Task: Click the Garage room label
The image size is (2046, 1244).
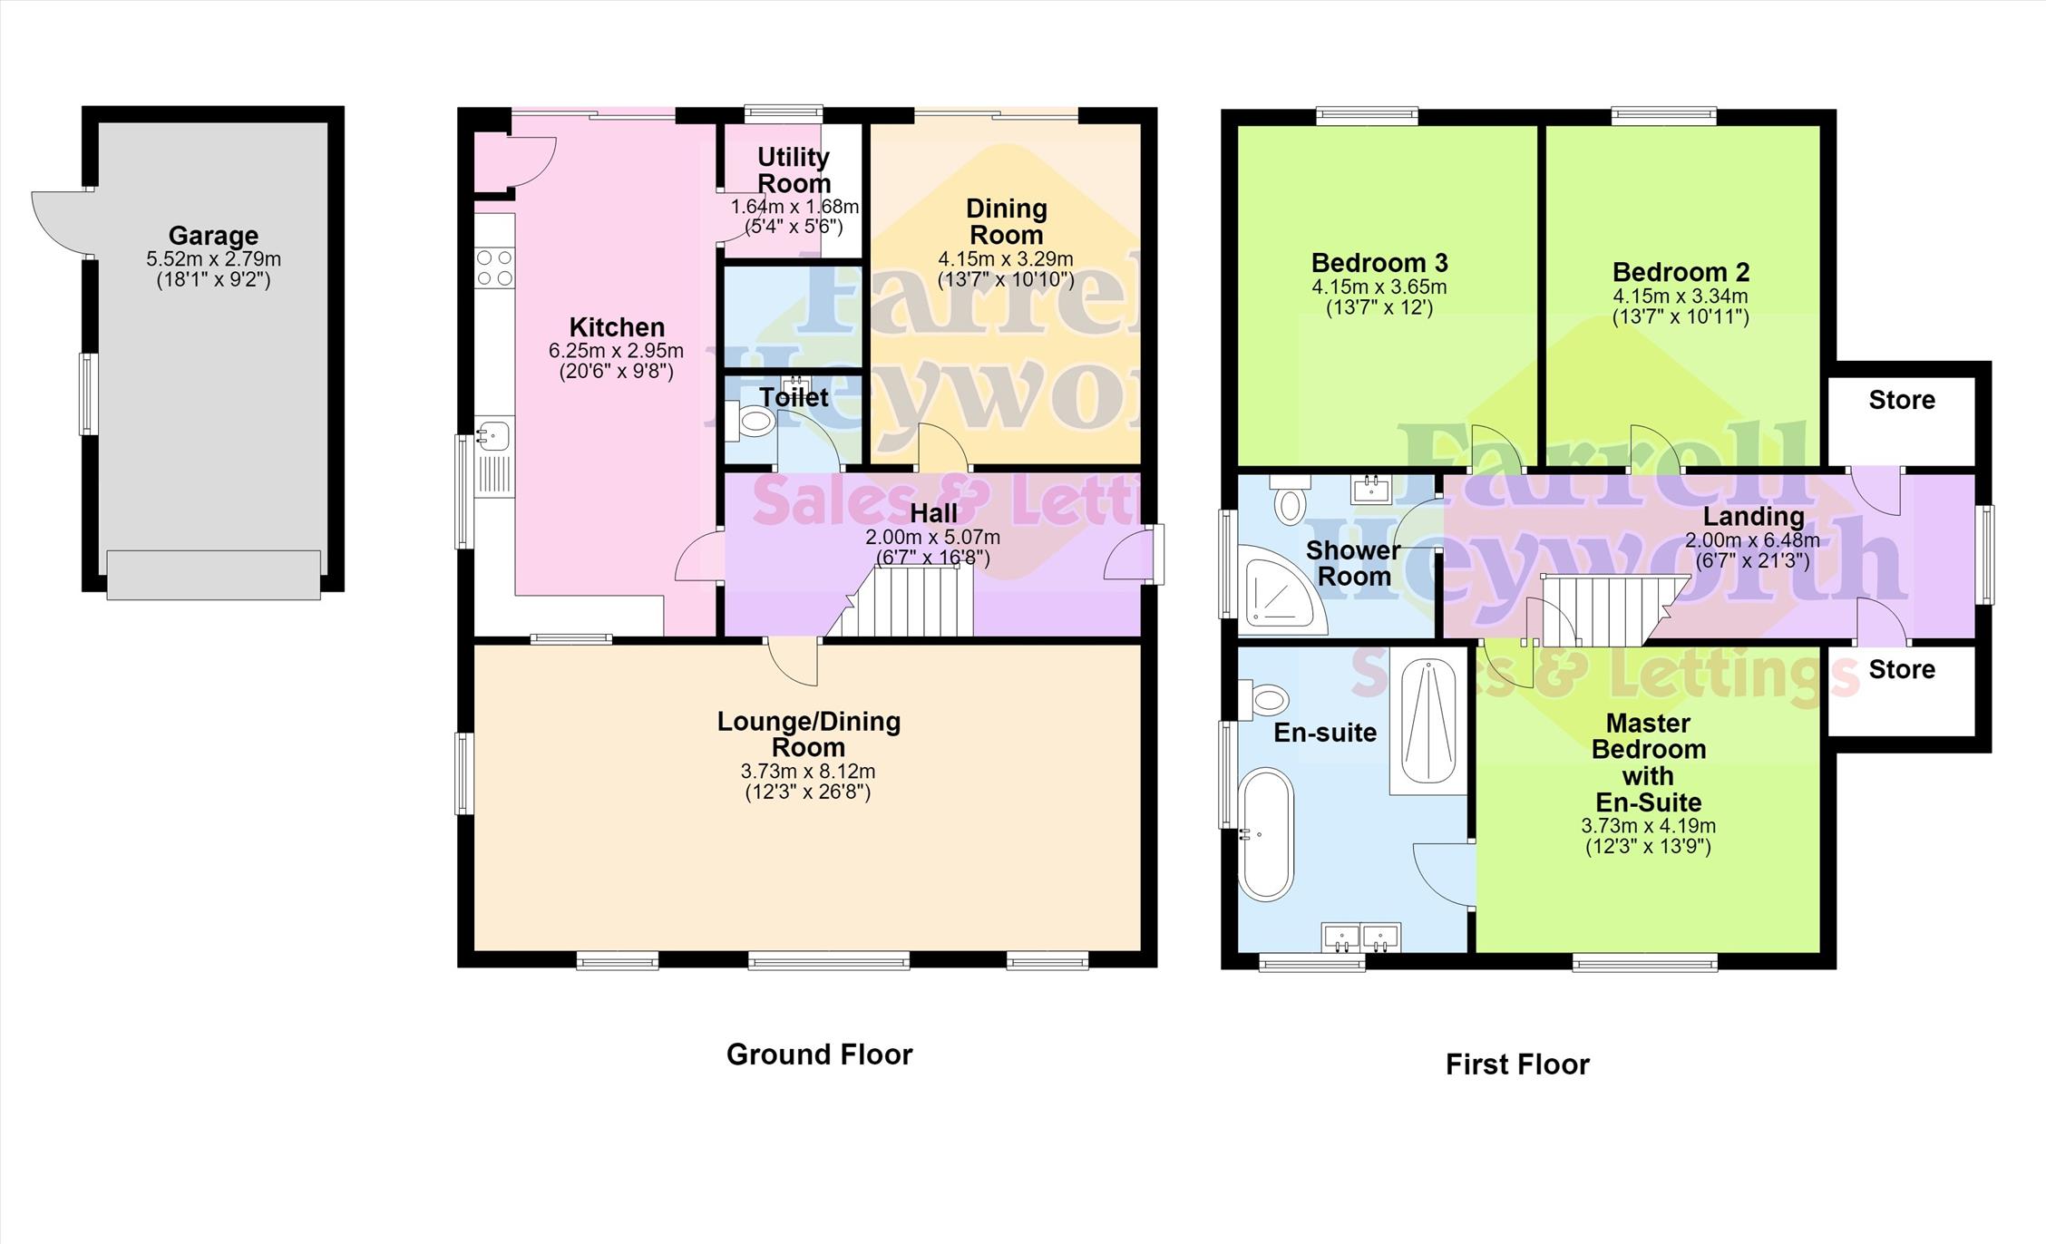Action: point(213,236)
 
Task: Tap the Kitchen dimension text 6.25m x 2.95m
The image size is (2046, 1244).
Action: point(617,351)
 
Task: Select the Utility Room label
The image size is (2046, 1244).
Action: point(794,170)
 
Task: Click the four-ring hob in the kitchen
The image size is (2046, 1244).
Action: point(495,267)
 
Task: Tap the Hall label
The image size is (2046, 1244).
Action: point(934,513)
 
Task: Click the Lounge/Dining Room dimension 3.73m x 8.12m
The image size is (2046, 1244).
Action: point(808,772)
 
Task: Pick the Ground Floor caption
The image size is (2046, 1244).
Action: point(819,1054)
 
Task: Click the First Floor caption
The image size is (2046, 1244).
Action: point(1517,1064)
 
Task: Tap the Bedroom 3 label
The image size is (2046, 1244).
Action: point(1379,263)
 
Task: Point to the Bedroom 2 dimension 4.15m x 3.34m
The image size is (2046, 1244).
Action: point(1681,296)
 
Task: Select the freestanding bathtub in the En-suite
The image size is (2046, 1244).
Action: point(1266,834)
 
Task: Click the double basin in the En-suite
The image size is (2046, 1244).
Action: point(1361,937)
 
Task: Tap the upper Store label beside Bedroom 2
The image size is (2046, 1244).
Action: point(1902,400)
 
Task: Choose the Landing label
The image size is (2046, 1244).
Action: point(1753,517)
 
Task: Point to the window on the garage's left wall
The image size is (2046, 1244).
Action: point(89,394)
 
